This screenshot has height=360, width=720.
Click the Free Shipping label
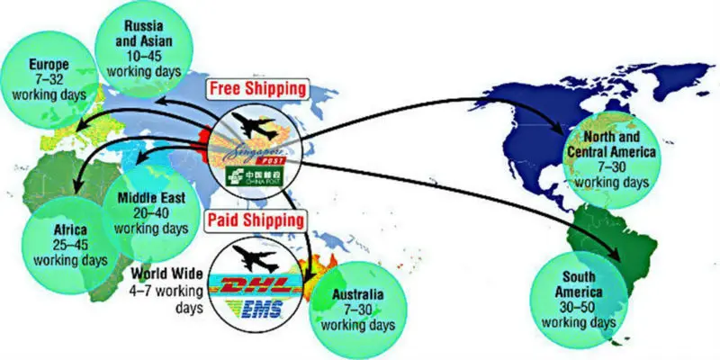click(256, 89)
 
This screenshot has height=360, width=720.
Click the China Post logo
click(256, 169)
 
